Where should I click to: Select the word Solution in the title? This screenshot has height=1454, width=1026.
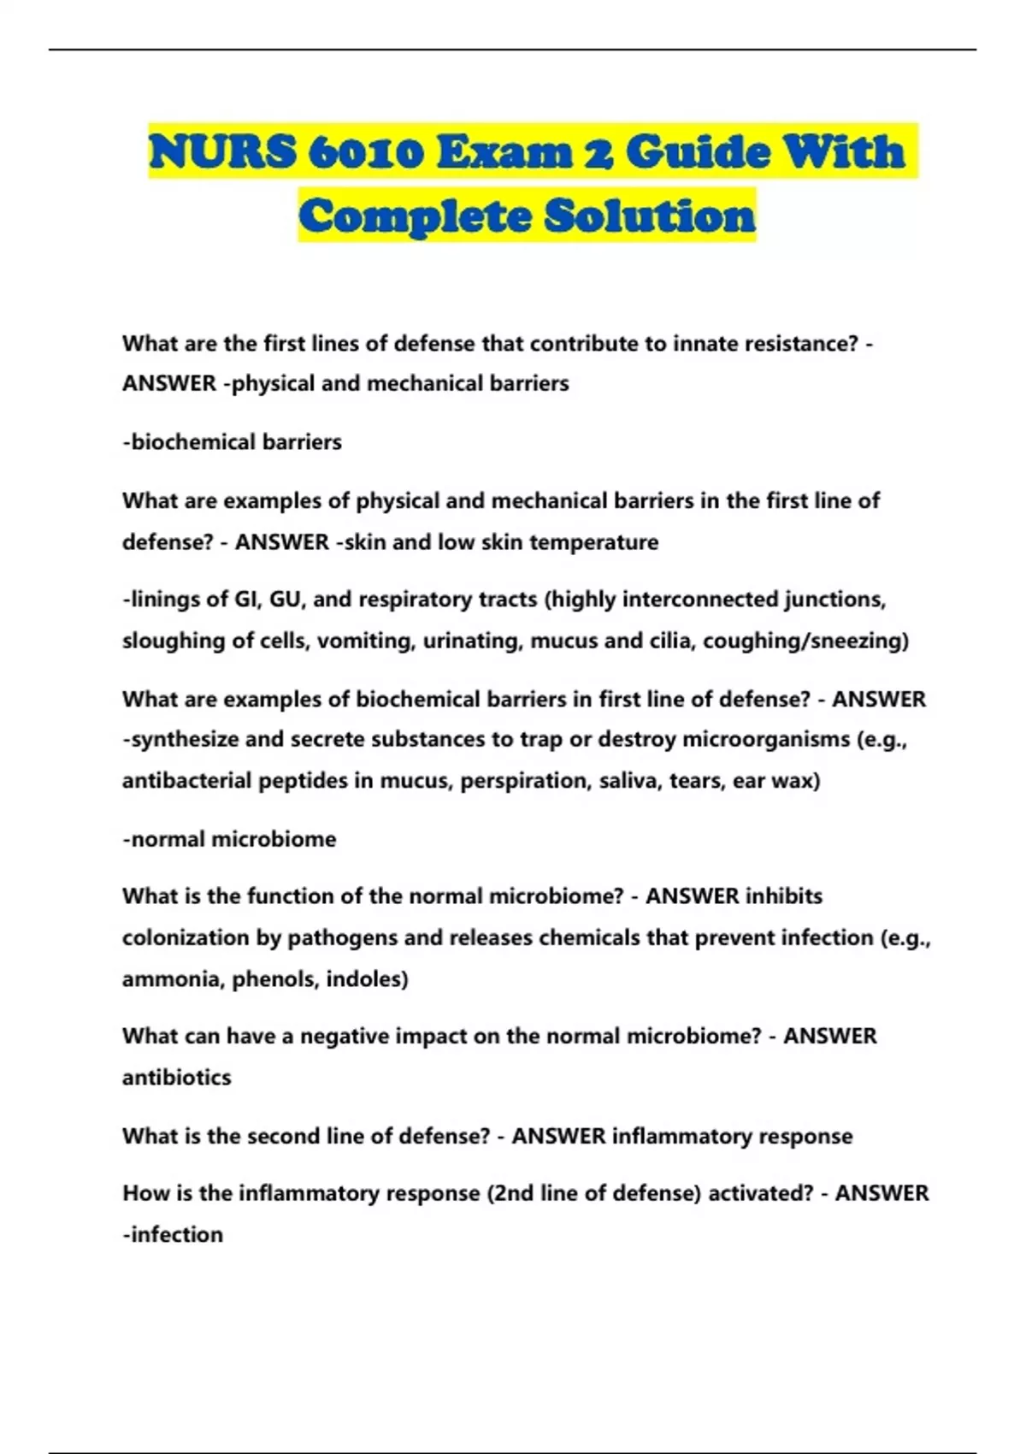click(x=650, y=215)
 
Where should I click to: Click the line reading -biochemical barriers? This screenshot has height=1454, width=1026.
click(x=232, y=442)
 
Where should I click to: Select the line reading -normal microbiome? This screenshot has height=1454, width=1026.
click(x=229, y=839)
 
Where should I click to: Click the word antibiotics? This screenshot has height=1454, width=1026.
click(x=177, y=1078)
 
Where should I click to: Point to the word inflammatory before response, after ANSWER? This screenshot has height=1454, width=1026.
click(x=682, y=1136)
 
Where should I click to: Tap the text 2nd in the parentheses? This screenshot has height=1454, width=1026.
click(x=510, y=1193)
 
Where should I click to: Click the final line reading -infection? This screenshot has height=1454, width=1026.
click(x=173, y=1235)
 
